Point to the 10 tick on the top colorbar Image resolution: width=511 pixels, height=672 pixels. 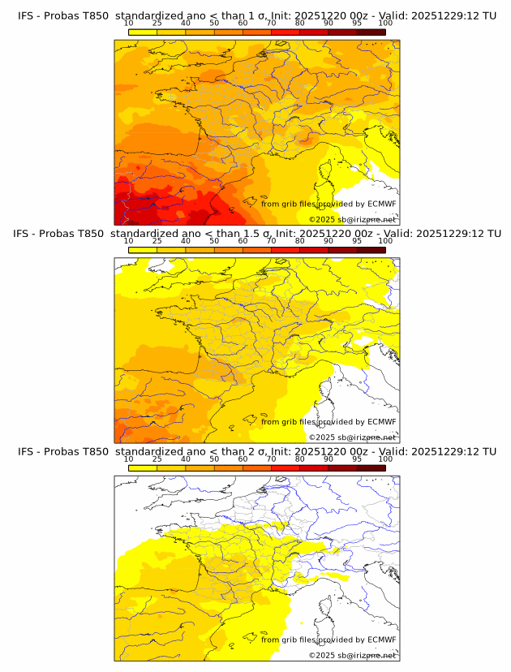[129, 23]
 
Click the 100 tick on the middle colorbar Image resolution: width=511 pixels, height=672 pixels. [385, 241]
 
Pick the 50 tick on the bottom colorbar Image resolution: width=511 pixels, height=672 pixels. [214, 459]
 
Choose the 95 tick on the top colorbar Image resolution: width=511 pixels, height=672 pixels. [357, 23]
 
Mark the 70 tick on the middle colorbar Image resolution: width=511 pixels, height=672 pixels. [271, 241]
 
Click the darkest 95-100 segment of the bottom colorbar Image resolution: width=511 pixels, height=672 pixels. [371, 467]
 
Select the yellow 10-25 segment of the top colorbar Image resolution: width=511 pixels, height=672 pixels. [143, 32]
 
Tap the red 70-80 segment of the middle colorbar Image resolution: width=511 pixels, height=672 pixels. [285, 249]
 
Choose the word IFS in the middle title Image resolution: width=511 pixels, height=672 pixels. [26, 234]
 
